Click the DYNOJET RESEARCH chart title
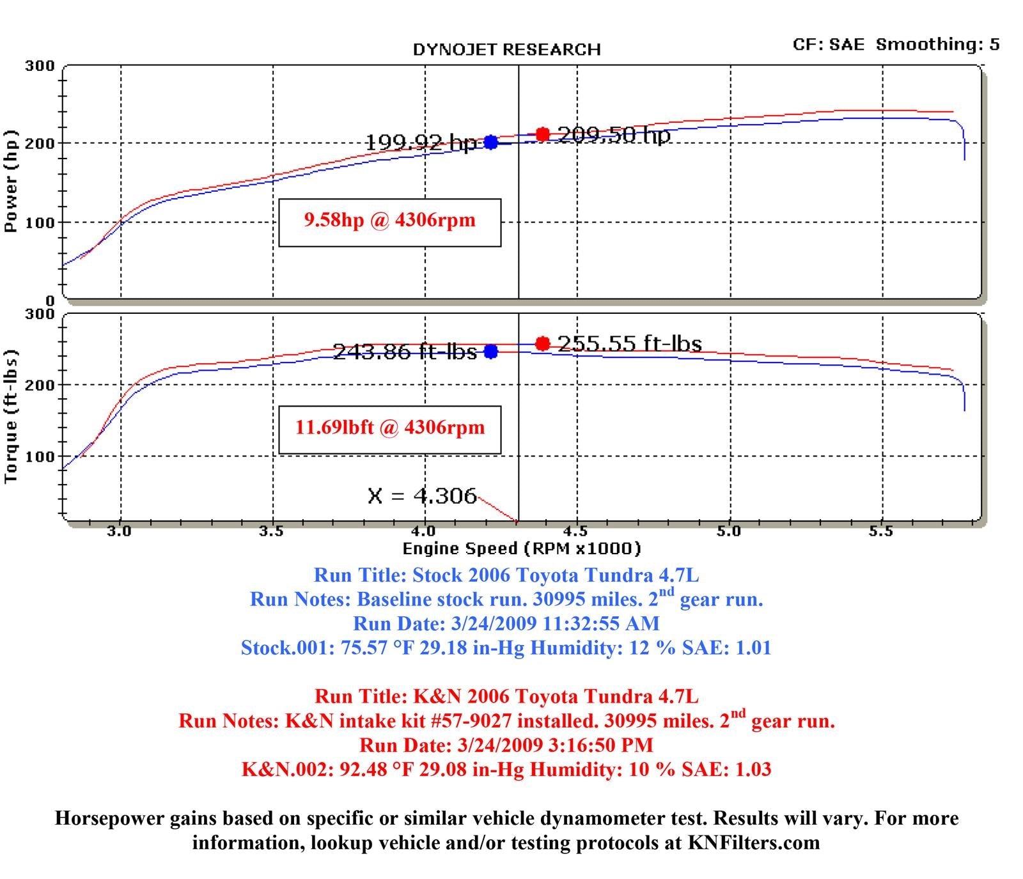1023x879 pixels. coord(506,50)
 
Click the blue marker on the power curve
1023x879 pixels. coord(490,142)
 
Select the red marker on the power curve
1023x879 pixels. coord(542,134)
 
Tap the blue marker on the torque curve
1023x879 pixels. coord(490,352)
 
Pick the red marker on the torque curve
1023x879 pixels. coord(542,344)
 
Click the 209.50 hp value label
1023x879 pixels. coord(614,135)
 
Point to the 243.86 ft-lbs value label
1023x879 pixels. coord(405,352)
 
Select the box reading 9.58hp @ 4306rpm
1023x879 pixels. coord(389,222)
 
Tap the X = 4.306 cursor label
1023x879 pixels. coord(422,495)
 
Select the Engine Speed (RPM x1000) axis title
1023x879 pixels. coord(521,548)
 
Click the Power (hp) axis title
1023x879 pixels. coord(11,182)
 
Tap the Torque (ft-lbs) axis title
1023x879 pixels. coord(11,416)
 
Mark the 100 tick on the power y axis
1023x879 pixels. coord(40,222)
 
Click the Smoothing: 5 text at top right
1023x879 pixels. coord(937,44)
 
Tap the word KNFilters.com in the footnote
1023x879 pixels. coord(754,843)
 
